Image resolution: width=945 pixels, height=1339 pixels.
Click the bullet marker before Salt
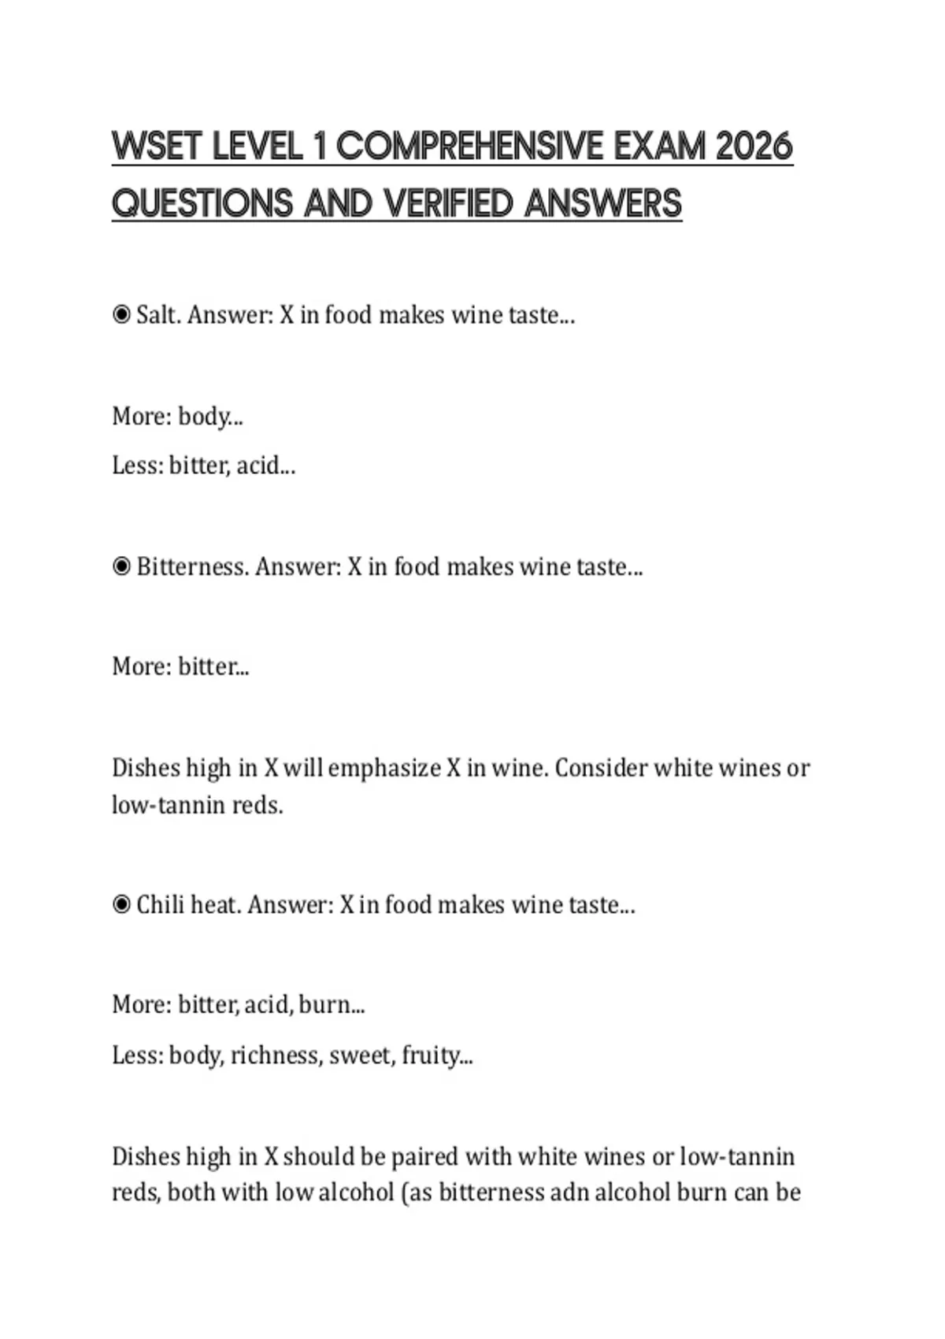click(x=121, y=315)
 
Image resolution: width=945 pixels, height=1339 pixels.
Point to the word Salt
click(x=158, y=315)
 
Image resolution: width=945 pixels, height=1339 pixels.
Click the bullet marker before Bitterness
click(x=121, y=567)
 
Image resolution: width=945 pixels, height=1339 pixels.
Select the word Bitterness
click(x=192, y=567)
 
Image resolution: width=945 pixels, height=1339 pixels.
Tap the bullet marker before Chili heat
click(x=121, y=905)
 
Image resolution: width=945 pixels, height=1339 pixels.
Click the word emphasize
click(x=384, y=768)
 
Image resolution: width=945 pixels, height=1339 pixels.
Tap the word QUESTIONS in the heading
click(x=202, y=203)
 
